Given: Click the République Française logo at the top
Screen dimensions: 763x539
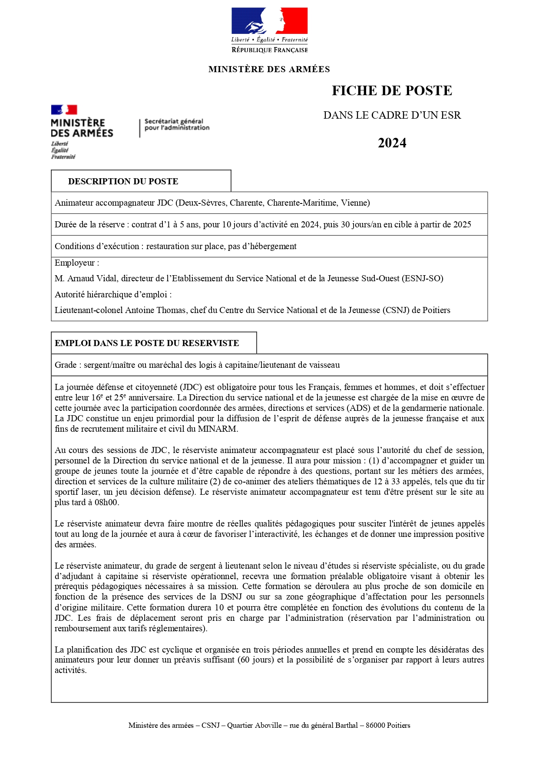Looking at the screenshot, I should pos(269,30).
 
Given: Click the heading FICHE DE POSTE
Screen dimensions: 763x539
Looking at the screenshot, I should pos(392,90).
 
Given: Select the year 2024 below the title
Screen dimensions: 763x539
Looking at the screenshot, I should pos(392,143).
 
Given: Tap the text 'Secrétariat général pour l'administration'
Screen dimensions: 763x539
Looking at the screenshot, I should pos(177,124).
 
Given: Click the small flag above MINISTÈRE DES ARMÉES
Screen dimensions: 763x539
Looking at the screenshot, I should pos(64,110).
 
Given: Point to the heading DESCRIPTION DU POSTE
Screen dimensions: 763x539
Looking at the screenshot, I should pos(123,181).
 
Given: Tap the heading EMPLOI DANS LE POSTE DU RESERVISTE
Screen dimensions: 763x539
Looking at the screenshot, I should pos(147,343).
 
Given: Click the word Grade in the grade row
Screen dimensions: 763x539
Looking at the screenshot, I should pos(66,365).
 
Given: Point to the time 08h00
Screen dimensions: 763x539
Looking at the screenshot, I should pos(106,502).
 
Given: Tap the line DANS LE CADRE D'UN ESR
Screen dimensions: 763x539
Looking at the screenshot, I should pos(392,115).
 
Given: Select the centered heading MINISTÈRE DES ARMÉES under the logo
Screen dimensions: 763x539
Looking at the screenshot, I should pos(269,69).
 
